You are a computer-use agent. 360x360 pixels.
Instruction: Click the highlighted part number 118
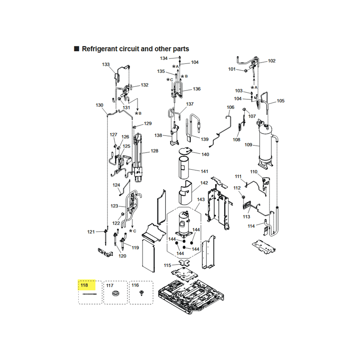84,285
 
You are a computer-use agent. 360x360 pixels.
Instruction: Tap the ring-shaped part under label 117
115,293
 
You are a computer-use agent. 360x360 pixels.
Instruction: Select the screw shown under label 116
141,293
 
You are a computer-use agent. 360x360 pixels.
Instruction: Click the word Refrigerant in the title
99,49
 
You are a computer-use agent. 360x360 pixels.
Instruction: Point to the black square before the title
76,49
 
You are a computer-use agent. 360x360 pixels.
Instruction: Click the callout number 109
248,144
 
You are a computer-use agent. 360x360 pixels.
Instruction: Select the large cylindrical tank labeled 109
265,147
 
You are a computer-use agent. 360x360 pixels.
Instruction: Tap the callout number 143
201,199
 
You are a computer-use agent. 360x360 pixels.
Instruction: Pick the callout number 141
204,171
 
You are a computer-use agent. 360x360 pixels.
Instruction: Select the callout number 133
106,64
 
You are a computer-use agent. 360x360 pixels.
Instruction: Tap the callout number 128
154,151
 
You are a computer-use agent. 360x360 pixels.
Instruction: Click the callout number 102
272,61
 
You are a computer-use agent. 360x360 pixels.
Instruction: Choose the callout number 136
197,89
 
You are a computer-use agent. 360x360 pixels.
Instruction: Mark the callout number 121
91,232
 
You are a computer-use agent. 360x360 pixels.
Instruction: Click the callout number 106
230,107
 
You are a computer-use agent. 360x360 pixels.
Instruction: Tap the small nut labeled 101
245,71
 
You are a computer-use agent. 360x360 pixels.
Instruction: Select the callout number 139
205,139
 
